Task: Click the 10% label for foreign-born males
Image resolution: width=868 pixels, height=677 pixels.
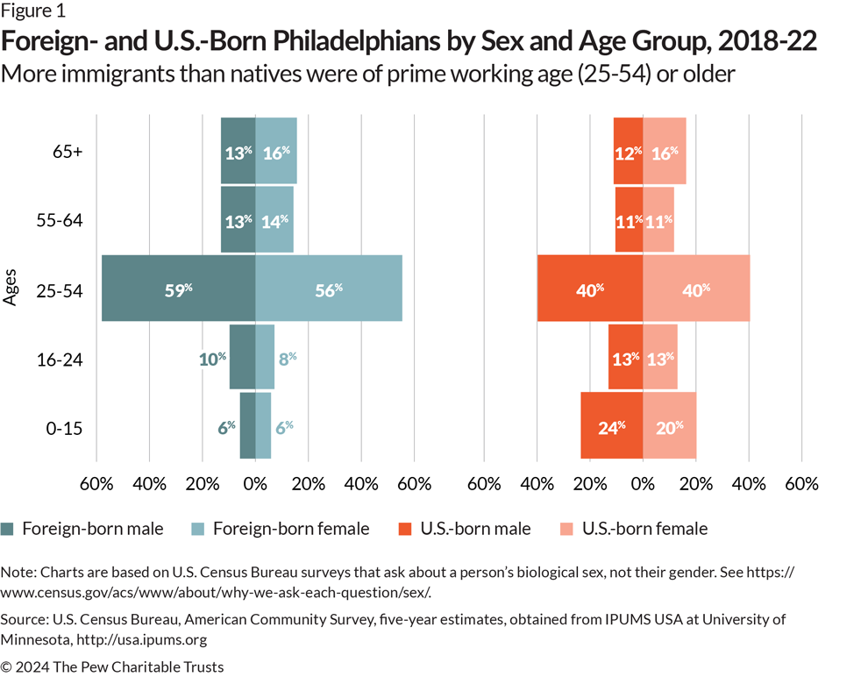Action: point(211,358)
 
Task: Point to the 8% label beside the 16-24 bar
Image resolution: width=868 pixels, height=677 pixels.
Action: point(286,358)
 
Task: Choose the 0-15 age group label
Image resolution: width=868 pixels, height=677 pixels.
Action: point(65,428)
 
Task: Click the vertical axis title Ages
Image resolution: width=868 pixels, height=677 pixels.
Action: point(11,289)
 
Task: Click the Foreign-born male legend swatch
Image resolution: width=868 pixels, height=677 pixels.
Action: point(8,529)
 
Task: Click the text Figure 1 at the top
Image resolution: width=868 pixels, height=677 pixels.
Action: point(33,12)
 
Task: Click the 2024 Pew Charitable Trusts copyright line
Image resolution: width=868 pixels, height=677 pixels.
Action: point(112,666)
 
